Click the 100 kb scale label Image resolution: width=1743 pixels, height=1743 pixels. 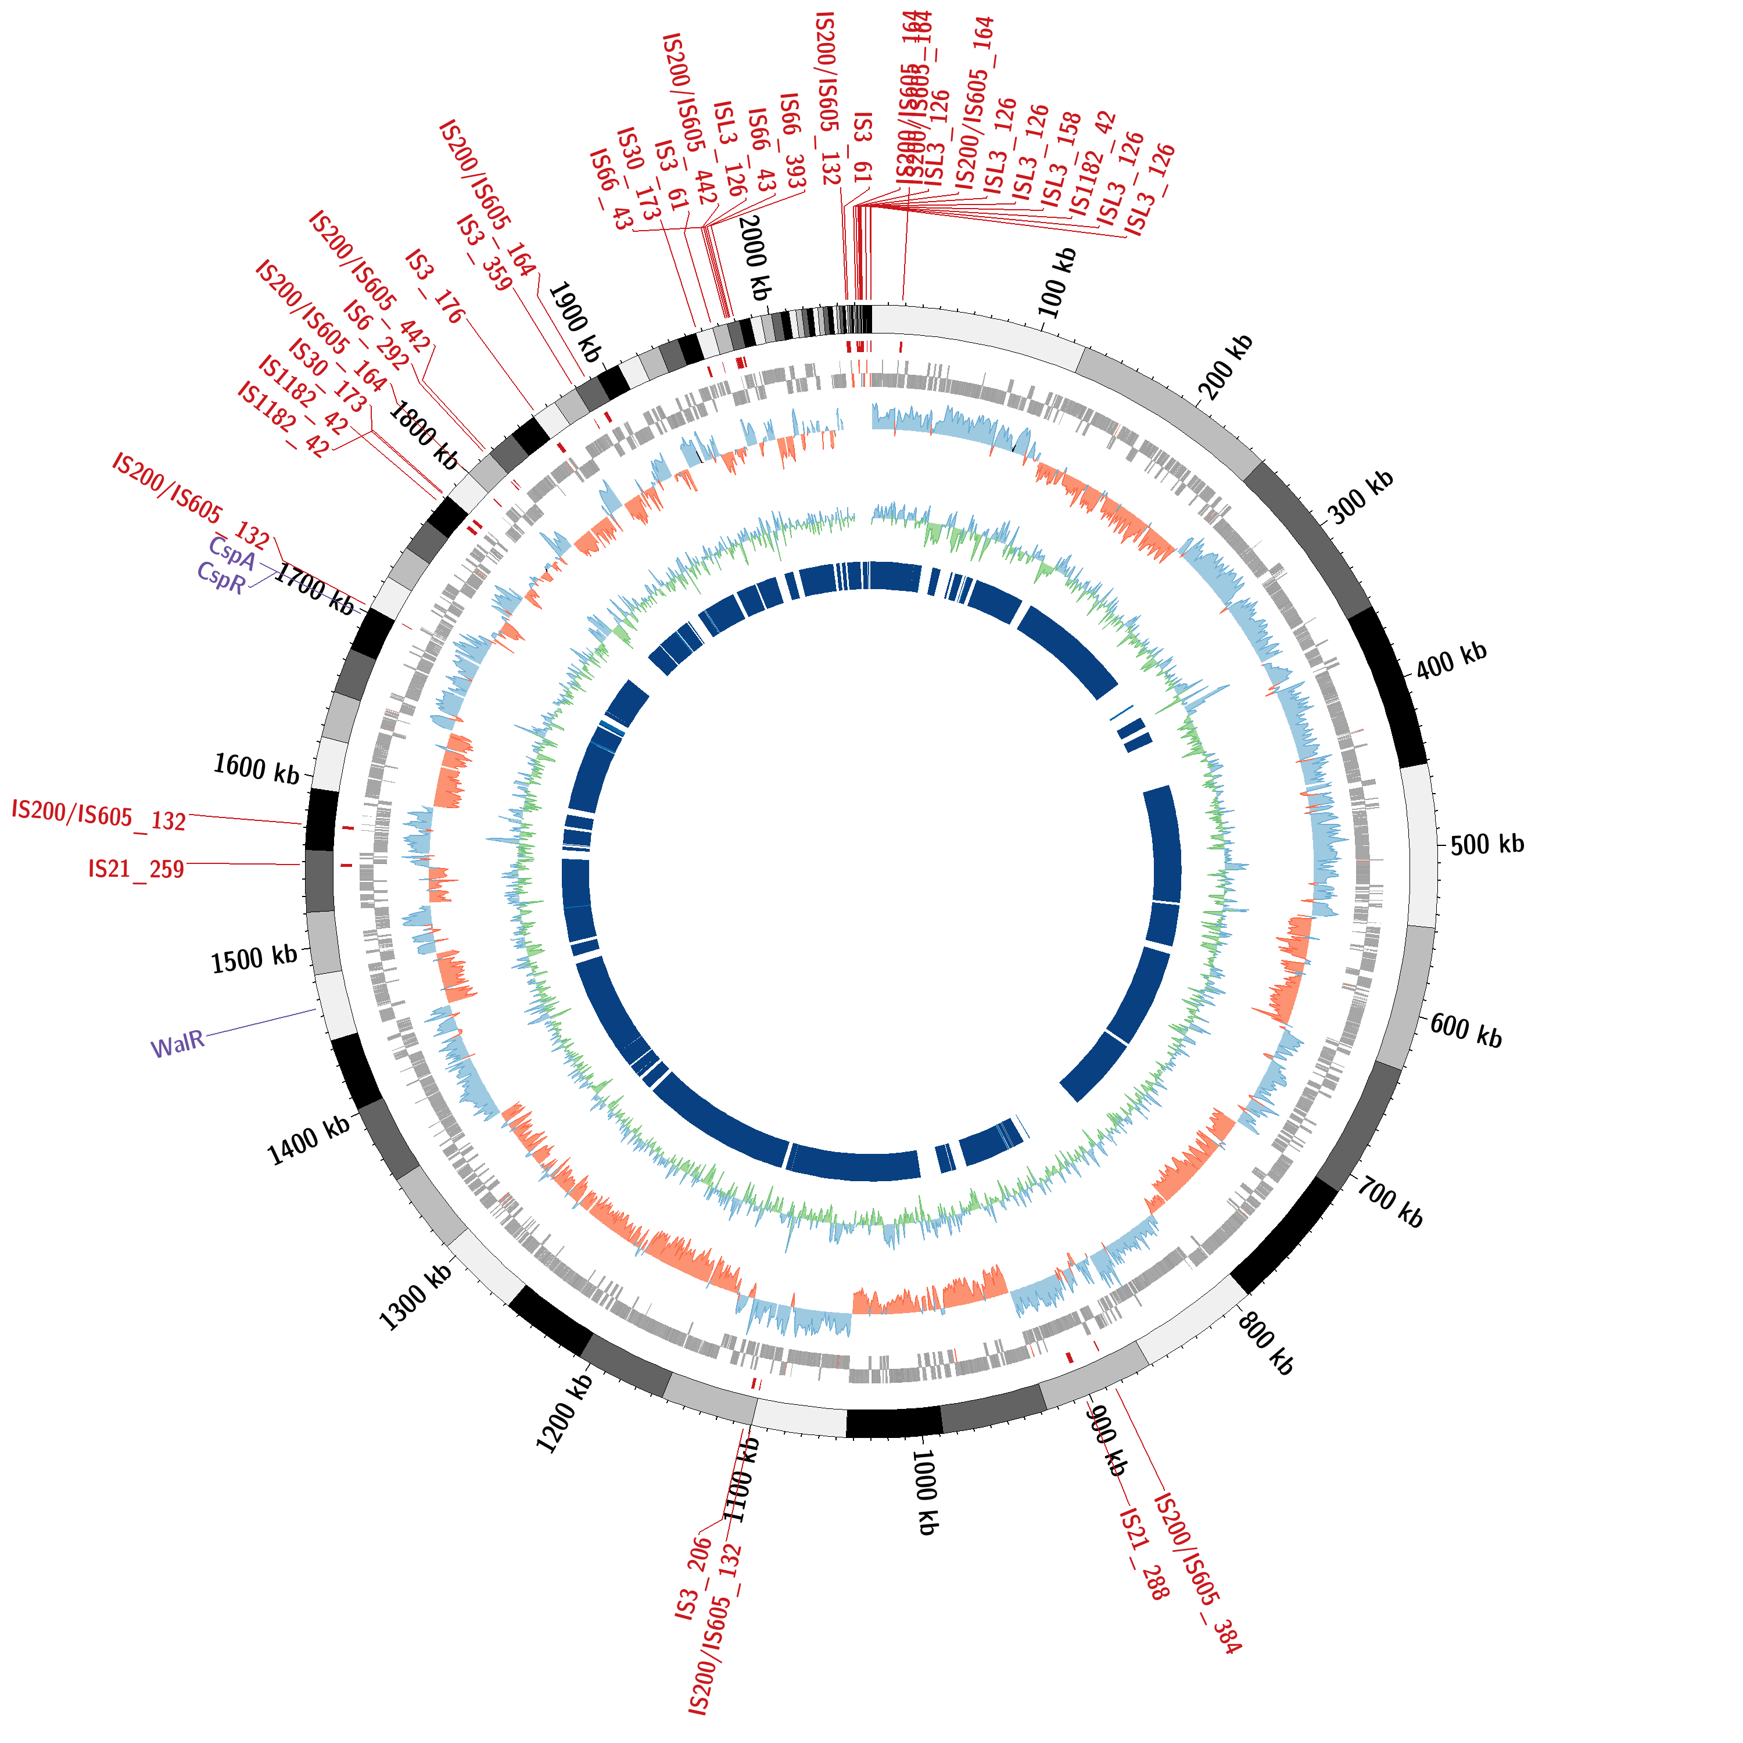tap(1058, 282)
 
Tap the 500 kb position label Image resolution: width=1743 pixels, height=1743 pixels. tap(1487, 844)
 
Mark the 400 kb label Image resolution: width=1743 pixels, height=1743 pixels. tap(1451, 661)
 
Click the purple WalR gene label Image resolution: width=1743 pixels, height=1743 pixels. tap(178, 1046)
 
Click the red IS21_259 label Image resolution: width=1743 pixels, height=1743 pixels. tap(136, 869)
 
